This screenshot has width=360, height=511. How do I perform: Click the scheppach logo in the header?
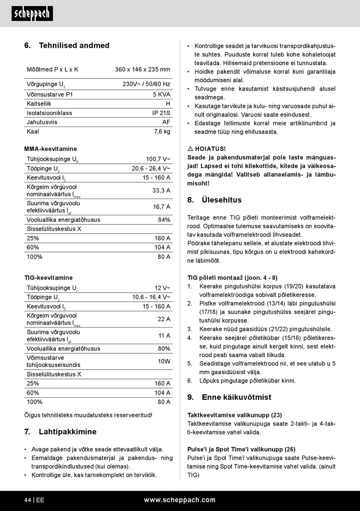coord(32,14)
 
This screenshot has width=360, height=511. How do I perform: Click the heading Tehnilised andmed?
coord(74,45)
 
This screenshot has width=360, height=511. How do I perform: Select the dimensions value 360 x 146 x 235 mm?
coord(142,69)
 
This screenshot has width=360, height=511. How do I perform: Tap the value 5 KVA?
coord(161,94)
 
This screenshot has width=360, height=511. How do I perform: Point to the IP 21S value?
coord(161,113)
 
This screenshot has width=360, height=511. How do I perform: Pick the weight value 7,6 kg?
coord(162,132)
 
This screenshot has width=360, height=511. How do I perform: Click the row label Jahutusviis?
coord(42,122)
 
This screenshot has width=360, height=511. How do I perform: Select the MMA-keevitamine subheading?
coord(50,149)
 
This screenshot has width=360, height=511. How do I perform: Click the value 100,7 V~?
coord(158,159)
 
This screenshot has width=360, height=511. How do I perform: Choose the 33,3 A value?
coord(161,190)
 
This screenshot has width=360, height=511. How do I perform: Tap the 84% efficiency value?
coord(164,220)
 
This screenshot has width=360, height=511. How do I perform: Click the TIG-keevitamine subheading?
coord(49,278)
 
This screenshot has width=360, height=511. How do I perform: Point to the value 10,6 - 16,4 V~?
coord(151,297)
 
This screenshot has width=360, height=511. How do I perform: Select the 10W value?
coord(164,361)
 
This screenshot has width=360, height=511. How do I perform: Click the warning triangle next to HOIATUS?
coord(190,149)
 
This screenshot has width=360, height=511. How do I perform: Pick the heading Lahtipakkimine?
coord(67,432)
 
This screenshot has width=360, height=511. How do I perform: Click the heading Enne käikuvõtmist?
coord(236,397)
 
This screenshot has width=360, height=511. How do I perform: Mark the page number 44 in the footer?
coord(28,500)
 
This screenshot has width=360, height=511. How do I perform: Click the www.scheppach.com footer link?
coord(180,500)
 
